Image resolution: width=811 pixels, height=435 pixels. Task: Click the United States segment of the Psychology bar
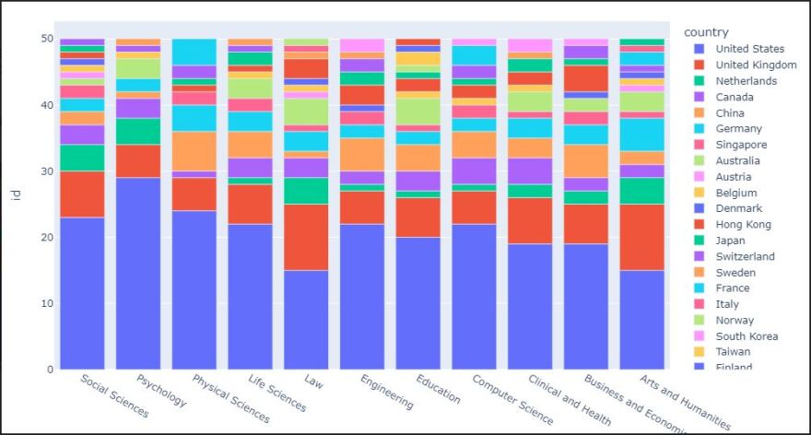pyautogui.click(x=137, y=274)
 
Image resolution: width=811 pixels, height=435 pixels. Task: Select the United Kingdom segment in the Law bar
pyautogui.click(x=306, y=237)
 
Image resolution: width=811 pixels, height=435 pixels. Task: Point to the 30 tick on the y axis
pyautogui.click(x=46, y=171)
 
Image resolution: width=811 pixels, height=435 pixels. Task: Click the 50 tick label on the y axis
pyautogui.click(x=46, y=39)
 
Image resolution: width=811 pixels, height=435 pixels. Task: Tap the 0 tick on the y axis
pyautogui.click(x=50, y=370)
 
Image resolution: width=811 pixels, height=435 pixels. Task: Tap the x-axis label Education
pyautogui.click(x=439, y=391)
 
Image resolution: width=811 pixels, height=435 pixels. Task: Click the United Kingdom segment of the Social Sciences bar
pyautogui.click(x=82, y=194)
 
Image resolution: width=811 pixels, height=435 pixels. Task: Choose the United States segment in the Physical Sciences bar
pyautogui.click(x=194, y=290)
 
